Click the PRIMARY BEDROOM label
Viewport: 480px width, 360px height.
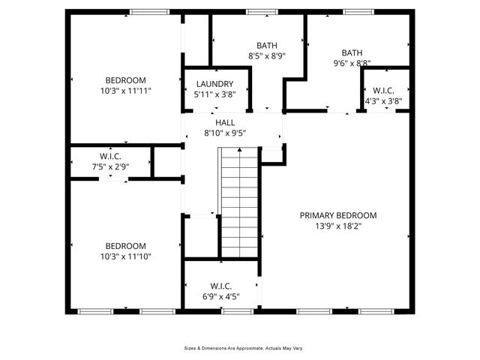coord(338,215)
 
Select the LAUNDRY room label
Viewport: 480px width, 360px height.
coord(214,84)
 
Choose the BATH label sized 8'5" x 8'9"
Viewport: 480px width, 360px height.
coord(267,45)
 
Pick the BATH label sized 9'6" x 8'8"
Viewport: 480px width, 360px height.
coord(352,52)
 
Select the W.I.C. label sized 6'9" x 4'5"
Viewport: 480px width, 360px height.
coord(220,286)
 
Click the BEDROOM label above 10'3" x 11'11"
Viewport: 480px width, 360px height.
coord(125,80)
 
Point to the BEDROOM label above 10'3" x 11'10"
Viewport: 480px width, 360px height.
coord(125,246)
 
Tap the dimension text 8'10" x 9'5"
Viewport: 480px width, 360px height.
coord(225,133)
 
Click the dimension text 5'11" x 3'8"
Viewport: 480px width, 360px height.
coord(214,94)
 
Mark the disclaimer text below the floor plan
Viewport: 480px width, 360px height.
coord(244,348)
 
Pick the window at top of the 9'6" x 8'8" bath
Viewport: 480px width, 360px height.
coord(357,11)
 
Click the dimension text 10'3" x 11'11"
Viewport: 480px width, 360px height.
coord(125,91)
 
